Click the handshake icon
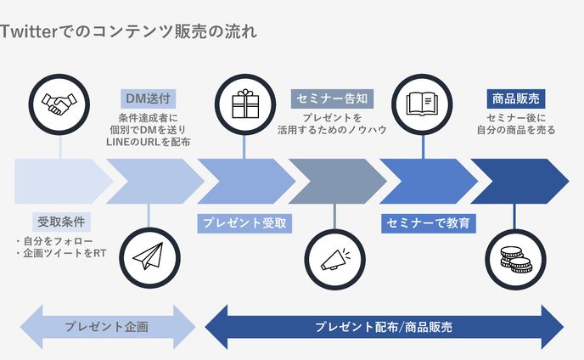click(59, 104)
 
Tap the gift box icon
click(244, 104)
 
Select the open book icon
click(423, 104)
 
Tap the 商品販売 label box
click(515, 98)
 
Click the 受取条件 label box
click(61, 222)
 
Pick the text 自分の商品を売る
click(515, 131)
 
